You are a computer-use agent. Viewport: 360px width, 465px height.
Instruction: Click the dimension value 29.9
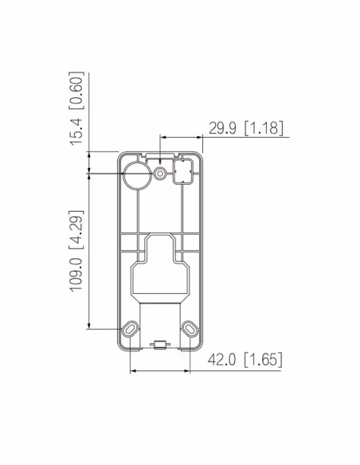click(224, 128)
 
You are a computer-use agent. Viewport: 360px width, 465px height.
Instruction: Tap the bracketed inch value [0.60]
click(76, 90)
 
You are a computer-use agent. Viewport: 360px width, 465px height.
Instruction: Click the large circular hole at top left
click(135, 175)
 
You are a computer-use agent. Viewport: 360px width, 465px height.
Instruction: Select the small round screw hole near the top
click(162, 173)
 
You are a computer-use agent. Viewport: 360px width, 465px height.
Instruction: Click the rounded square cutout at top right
click(185, 170)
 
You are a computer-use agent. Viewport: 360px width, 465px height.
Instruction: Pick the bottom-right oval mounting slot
click(190, 327)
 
